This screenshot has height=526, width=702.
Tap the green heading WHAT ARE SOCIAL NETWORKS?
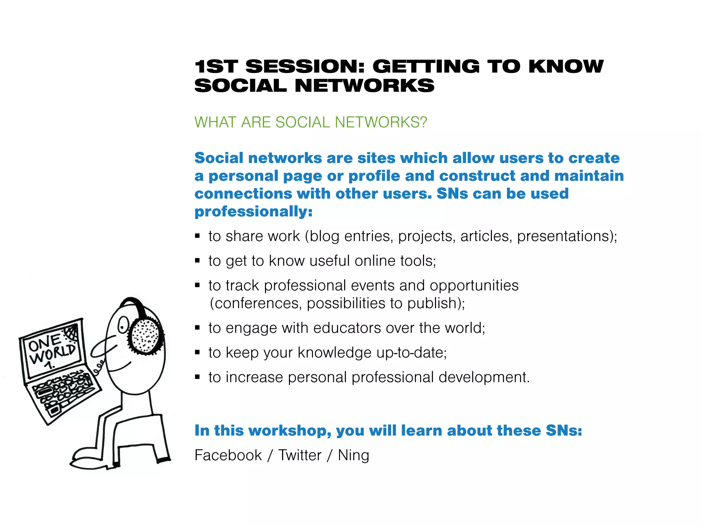tap(311, 122)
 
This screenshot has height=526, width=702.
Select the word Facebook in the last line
tap(228, 455)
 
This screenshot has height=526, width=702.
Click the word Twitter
tap(300, 455)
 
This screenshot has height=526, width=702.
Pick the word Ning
tap(353, 455)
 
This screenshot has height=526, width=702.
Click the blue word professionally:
tap(253, 212)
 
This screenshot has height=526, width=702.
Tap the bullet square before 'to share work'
tap(197, 236)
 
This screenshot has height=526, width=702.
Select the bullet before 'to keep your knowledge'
tap(197, 352)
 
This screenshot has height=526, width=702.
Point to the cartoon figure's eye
tap(122, 324)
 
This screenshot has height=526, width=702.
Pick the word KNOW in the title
tap(566, 66)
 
